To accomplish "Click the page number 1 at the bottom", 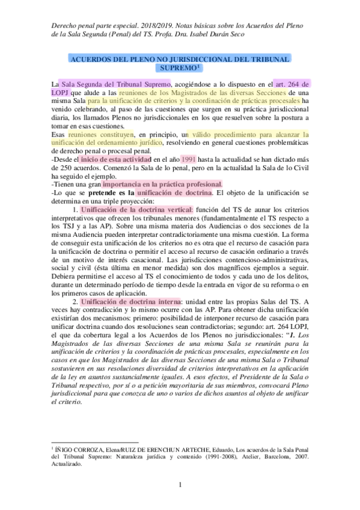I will pyautogui.click(x=180, y=485).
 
